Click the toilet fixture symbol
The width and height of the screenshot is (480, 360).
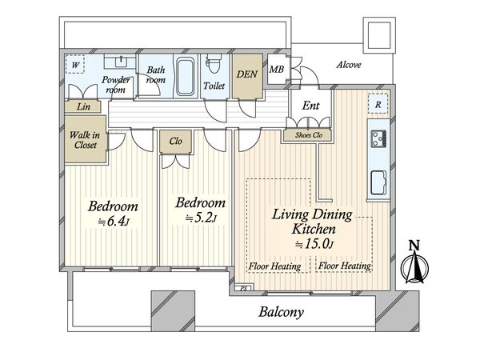click(214, 63)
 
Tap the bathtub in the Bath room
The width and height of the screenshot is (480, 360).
click(186, 77)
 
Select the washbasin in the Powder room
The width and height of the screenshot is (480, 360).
click(121, 62)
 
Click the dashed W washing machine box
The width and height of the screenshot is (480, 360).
click(74, 64)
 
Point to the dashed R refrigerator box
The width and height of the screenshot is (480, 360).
click(378, 103)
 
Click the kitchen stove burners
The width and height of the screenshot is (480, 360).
click(378, 139)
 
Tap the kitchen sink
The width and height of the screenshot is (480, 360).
click(378, 182)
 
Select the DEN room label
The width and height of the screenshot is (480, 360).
click(246, 74)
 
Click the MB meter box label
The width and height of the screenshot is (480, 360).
click(277, 70)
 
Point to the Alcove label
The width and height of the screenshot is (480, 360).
click(349, 65)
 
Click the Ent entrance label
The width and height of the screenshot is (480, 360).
click(310, 106)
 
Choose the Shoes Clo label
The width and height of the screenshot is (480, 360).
click(309, 135)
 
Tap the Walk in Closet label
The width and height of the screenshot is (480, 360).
click(85, 140)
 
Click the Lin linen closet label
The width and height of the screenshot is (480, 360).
click(83, 106)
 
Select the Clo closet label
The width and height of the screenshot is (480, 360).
click(176, 141)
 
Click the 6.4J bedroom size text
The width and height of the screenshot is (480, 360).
click(114, 221)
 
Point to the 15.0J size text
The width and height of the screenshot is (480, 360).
click(314, 244)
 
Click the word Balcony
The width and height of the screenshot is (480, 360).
click(282, 312)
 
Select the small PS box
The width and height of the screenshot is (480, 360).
click(244, 288)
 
